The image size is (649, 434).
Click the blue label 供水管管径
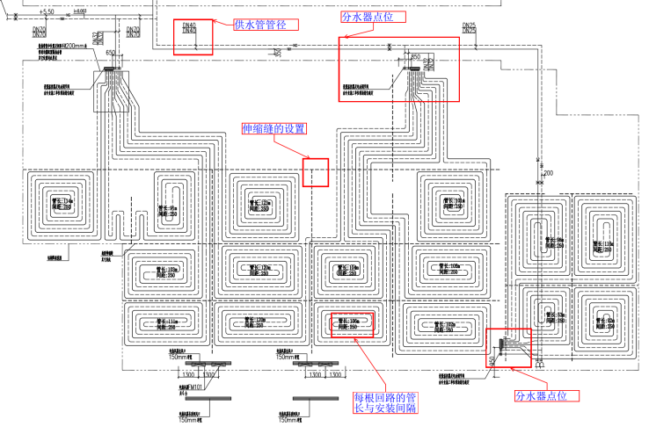coord(265,25)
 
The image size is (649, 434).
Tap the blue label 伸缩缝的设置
coord(274,129)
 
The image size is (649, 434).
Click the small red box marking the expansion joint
coord(315,172)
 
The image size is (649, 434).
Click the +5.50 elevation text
coord(47,11)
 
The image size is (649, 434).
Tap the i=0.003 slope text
coord(80,11)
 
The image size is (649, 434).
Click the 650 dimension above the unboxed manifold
coord(110,54)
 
